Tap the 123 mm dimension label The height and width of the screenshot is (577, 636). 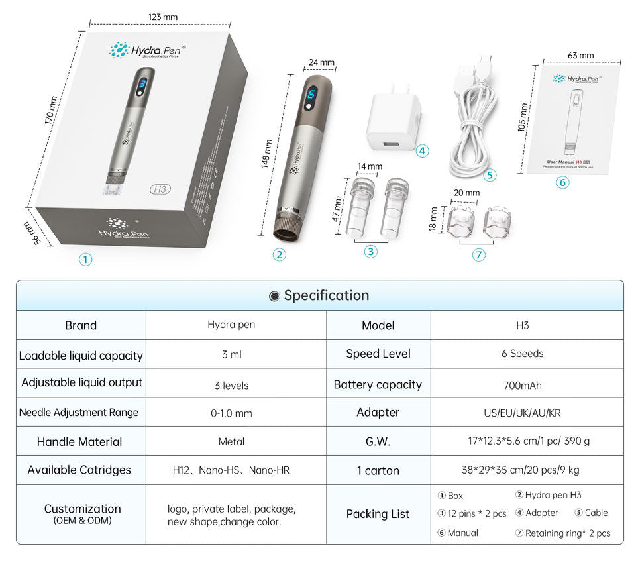coord(163,17)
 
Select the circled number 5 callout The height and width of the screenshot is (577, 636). coord(490,175)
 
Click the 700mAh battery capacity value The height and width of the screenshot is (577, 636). coord(527,384)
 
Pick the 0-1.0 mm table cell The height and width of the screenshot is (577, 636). coord(231,413)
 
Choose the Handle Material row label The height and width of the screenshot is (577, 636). coord(79,442)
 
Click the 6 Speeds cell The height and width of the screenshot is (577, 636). coord(522,354)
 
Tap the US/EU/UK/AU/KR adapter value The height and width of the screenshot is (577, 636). coord(522,413)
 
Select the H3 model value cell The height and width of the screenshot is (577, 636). coord(522,325)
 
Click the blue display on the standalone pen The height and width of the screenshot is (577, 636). coord(311,99)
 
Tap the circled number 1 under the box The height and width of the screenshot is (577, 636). coord(85,260)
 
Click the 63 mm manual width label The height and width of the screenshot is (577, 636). coord(580,55)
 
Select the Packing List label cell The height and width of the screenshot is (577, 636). coord(378,514)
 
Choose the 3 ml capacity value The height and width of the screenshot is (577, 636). coord(231,354)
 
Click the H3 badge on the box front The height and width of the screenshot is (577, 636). coord(160,189)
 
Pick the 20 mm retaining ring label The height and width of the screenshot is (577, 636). coord(467,193)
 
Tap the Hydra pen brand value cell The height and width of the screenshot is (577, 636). coord(231,325)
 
